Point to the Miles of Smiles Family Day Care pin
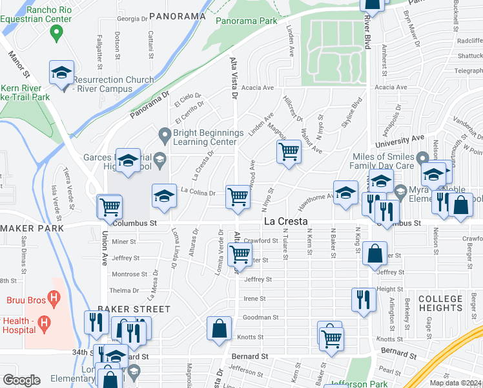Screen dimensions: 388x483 click(x=423, y=158)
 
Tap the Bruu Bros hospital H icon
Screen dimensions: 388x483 click(x=54, y=299)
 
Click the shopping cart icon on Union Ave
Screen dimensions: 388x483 click(x=110, y=206)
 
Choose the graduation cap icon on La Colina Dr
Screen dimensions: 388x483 click(x=164, y=196)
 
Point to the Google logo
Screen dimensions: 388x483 click(x=21, y=380)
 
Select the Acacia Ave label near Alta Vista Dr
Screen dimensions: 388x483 click(x=258, y=87)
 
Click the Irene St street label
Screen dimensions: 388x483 click(x=254, y=299)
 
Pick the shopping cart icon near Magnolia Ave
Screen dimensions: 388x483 click(x=288, y=152)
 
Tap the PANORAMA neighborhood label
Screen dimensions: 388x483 click(x=176, y=15)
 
